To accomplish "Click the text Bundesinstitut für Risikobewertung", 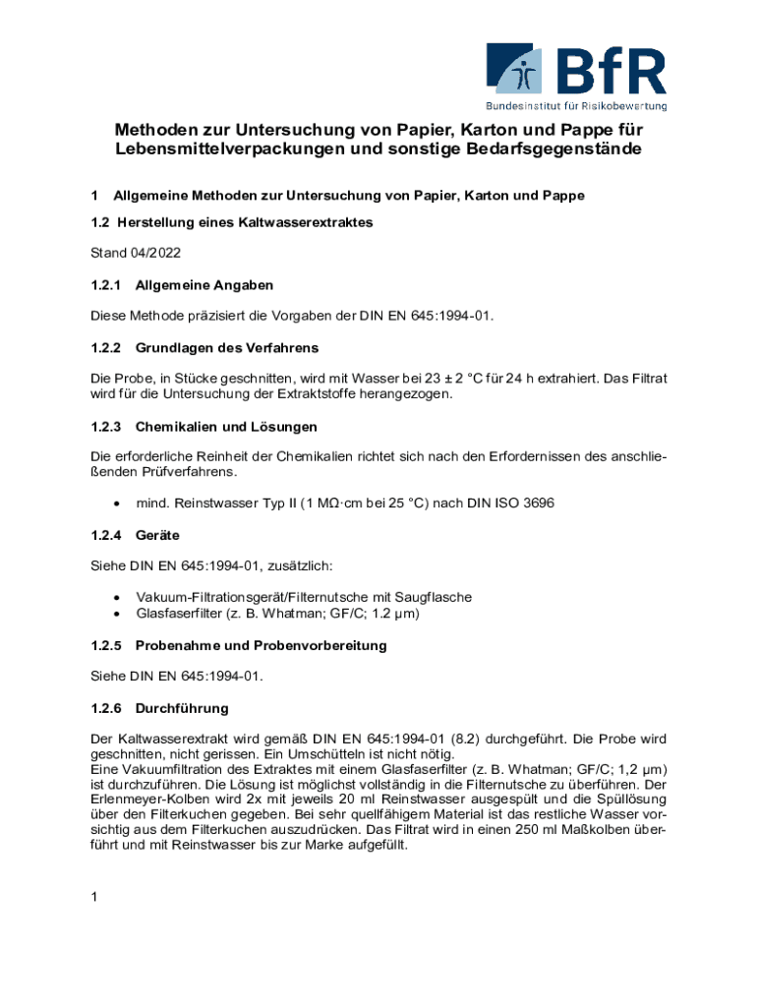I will click(576, 105).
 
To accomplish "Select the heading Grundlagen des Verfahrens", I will click(227, 348).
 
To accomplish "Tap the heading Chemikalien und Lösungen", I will click(226, 427).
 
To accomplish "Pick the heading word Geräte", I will click(157, 535).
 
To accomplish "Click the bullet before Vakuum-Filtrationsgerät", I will click(118, 598).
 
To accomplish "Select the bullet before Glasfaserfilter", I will click(118, 614).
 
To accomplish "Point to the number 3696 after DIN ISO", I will click(537, 503).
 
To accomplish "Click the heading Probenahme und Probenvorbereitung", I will click(261, 645).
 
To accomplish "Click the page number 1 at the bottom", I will click(94, 896).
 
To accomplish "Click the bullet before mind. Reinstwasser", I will click(118, 503).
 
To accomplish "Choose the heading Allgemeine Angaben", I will click(204, 285).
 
